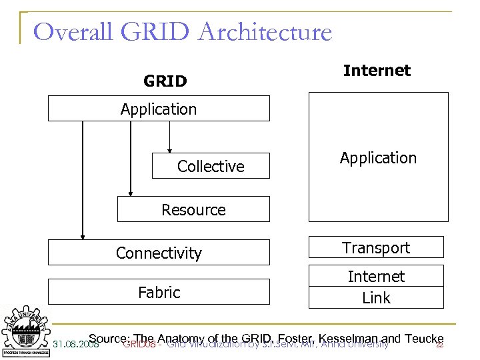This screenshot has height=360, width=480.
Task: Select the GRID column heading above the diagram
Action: coord(165,81)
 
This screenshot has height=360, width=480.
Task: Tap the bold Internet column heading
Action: coord(377,71)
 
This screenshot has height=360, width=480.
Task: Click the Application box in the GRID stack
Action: coord(159,109)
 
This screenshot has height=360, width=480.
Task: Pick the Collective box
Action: coord(211,167)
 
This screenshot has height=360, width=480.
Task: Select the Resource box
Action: coord(193,209)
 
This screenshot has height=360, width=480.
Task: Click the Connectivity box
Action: coord(159,253)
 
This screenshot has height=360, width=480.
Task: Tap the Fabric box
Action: coord(159,292)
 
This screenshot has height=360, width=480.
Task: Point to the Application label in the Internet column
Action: coord(377,158)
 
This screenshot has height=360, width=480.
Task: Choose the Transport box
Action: coord(376,247)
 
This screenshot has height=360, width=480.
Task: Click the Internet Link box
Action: coord(376,287)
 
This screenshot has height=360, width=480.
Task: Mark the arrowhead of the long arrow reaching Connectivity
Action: coord(83,235)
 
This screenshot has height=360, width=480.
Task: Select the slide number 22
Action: coord(439,345)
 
